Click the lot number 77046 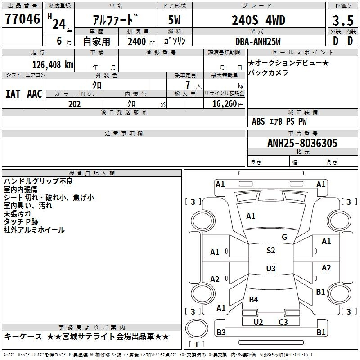(x=22, y=18)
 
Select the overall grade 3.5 (x=343, y=20)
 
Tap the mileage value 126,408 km (x=53, y=65)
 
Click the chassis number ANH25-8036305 (x=302, y=143)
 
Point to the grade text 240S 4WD (x=258, y=20)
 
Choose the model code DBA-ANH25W (x=258, y=41)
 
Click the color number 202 (x=74, y=104)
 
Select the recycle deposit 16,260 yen (x=228, y=104)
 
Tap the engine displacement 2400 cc (x=141, y=41)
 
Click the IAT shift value (x=13, y=94)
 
